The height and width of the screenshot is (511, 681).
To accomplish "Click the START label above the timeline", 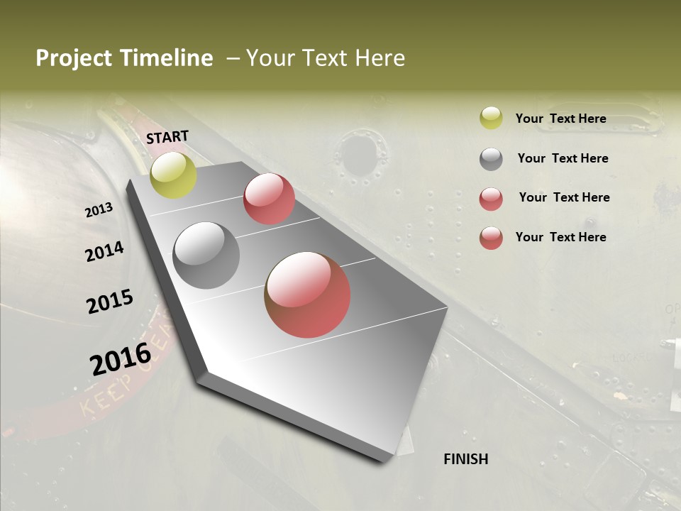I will pos(167,137).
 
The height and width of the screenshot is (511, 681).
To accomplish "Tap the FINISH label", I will pos(466,459).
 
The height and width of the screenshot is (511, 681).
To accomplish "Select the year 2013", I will pos(99,210).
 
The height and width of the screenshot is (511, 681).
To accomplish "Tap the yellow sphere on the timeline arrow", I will pos(173,175).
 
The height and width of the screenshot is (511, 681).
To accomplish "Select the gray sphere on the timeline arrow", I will pos(206,255).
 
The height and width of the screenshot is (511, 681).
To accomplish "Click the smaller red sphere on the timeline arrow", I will pos(269,199).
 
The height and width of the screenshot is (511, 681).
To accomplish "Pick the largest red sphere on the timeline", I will pos(307,295).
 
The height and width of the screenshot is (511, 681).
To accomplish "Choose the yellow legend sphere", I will pos(491,119).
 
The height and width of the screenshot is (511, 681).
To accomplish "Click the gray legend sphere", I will pos(491,159).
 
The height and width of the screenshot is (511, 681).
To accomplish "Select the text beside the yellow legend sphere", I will pos(560,119).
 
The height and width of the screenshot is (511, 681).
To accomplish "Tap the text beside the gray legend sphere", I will pos(563,159).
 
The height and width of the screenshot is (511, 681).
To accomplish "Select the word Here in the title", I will pos(380,58).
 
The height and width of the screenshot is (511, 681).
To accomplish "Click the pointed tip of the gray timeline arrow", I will pos(387,458).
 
